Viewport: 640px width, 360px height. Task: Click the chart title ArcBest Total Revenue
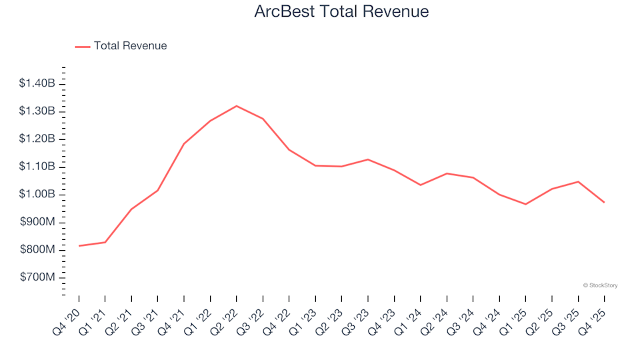341,12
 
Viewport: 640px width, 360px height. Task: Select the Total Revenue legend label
130,46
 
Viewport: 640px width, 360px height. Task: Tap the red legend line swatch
82,47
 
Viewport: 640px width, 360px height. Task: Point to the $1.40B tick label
37,83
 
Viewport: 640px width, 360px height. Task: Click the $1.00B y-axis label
37,194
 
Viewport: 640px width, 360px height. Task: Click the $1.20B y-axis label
37,139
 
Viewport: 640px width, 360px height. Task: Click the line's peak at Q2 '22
237,106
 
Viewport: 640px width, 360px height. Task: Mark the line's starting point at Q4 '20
79,246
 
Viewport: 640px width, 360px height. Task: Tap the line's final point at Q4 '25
605,202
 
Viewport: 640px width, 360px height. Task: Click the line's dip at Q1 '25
526,204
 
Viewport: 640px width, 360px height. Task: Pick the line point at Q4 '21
184,143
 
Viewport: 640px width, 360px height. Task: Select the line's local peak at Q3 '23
368,159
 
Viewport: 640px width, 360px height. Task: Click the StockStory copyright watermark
600,285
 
